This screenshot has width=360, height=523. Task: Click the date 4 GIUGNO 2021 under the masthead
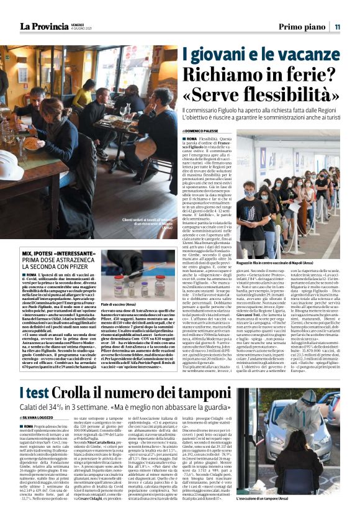click(80, 29)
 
